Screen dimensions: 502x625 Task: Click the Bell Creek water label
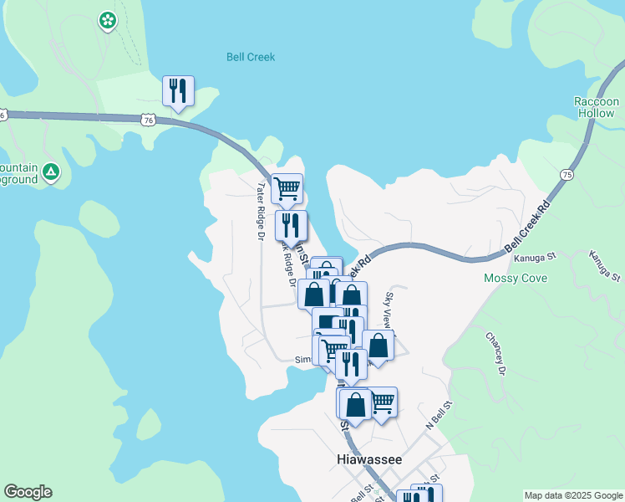tap(251, 58)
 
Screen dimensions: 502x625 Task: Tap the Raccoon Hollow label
tap(595, 107)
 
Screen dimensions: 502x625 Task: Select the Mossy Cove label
tap(515, 278)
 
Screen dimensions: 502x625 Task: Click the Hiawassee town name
tap(369, 460)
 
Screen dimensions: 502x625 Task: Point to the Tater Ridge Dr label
tap(261, 213)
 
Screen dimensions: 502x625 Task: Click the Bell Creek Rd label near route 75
tap(530, 228)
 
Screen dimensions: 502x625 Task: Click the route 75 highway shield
tap(567, 175)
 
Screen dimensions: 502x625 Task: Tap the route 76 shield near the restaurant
tap(148, 120)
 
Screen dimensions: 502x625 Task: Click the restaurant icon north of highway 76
tap(178, 90)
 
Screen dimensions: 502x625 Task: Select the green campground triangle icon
tap(51, 172)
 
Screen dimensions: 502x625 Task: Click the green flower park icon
tap(107, 20)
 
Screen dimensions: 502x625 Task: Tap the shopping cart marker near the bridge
tap(287, 188)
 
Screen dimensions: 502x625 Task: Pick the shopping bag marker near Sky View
tap(378, 346)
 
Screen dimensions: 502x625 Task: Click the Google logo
tap(28, 492)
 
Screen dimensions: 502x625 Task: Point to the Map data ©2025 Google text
tap(572, 495)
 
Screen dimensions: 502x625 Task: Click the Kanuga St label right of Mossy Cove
tap(605, 265)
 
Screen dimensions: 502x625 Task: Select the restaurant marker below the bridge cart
tap(291, 225)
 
